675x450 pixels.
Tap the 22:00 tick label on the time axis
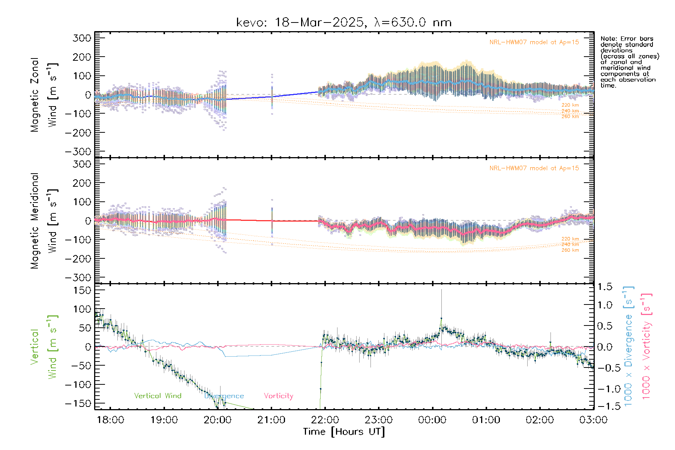325,420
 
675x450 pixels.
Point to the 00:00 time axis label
432,420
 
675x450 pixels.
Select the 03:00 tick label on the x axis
593,420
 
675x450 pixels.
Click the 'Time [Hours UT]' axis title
344,432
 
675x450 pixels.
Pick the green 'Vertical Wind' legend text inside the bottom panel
157,396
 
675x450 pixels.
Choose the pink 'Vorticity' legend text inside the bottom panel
278,396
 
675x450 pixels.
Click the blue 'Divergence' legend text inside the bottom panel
224,396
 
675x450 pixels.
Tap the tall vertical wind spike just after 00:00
441,304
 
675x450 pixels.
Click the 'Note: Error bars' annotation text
627,39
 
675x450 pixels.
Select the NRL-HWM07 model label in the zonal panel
534,42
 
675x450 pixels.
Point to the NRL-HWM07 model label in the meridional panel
534,168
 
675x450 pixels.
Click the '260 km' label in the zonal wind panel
570,117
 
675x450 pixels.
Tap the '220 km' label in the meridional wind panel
570,239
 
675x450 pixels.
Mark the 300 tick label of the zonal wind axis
82,38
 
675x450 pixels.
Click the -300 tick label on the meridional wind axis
78,277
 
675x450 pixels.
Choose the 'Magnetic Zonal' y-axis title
35,94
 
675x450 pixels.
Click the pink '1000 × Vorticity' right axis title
647,346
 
